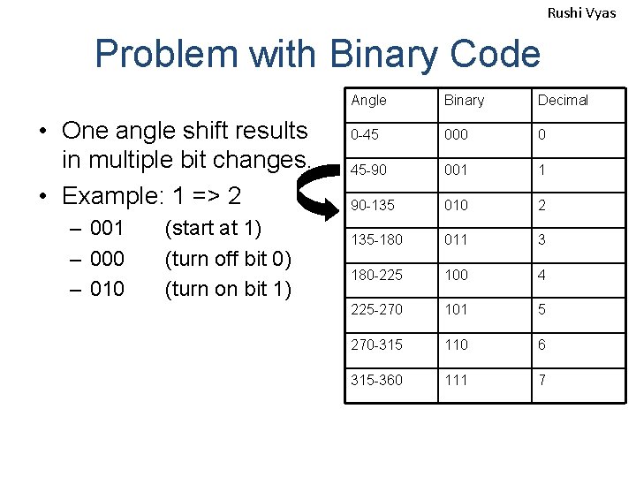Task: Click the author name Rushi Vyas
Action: [x=581, y=12]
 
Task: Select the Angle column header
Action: [x=368, y=100]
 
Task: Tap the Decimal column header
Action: [x=563, y=100]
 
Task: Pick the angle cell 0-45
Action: [x=365, y=135]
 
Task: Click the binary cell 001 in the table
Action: [x=456, y=170]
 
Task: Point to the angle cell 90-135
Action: [x=372, y=205]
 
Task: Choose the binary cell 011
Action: [x=456, y=239]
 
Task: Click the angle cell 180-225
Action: [x=375, y=275]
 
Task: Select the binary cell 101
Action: [x=456, y=309]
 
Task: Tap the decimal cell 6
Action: [x=542, y=344]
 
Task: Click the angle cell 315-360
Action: [x=375, y=379]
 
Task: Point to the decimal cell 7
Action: [x=542, y=379]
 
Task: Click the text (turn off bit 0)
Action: [x=228, y=258]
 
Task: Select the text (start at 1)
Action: [x=213, y=228]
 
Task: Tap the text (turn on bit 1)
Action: [x=228, y=288]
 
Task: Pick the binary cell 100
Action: [x=456, y=275]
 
